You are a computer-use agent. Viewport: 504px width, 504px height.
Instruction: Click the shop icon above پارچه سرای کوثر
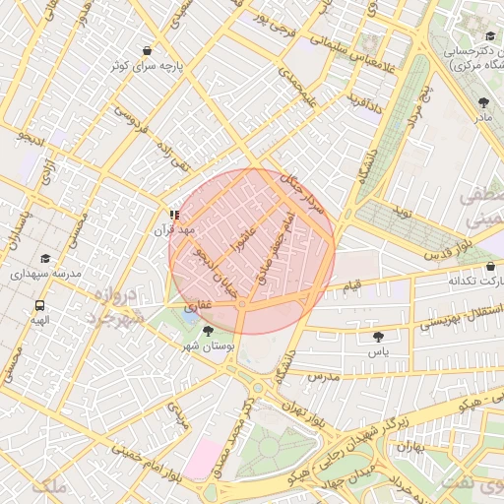point(148,50)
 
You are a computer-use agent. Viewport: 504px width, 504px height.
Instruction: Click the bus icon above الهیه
point(39,305)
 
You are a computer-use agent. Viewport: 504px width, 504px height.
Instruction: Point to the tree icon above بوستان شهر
point(207,331)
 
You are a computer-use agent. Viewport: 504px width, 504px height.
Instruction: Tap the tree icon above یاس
point(379,337)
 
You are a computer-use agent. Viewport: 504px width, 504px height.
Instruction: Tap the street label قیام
point(351,285)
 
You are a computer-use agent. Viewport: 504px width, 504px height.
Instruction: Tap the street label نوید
point(402,213)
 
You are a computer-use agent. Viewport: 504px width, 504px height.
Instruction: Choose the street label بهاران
point(409,447)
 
